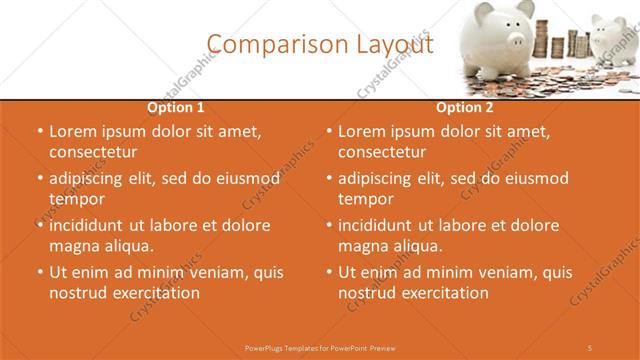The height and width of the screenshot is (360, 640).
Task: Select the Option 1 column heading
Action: click(x=176, y=106)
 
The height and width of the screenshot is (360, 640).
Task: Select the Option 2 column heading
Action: click(x=465, y=106)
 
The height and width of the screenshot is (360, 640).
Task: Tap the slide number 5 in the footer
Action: click(x=590, y=347)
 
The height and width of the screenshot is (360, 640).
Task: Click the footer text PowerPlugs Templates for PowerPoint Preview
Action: click(x=319, y=347)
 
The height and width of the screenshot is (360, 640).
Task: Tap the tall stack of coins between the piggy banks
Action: click(x=566, y=40)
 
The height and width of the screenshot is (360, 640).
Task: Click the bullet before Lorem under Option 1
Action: click(x=40, y=131)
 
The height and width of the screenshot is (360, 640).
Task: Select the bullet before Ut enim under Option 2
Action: click(x=329, y=272)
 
